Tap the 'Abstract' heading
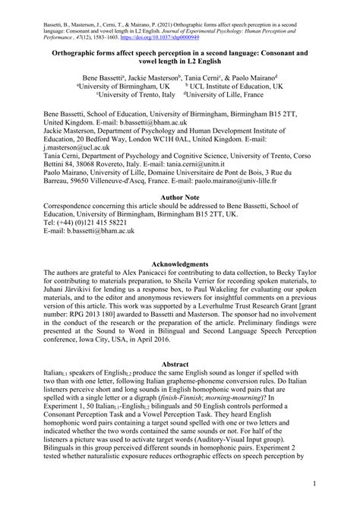(x=179, y=344)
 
